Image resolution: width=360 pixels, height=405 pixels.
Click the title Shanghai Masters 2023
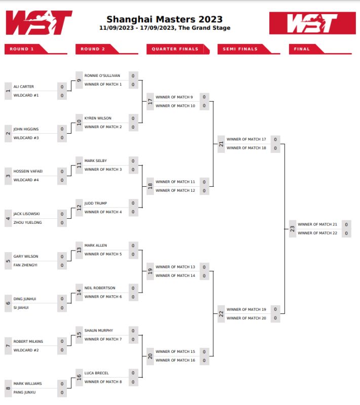tap(165, 19)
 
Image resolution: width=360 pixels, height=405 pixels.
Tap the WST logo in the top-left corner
tap(39, 23)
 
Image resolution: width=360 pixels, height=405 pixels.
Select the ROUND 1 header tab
tap(23, 49)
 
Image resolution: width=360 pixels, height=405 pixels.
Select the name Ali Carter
tap(24, 87)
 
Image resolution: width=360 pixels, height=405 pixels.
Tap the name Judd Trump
tap(96, 203)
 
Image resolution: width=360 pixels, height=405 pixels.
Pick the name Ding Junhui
tap(25, 299)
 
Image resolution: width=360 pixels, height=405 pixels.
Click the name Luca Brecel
tap(96, 373)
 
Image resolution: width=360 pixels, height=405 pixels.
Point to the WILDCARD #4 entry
tap(26, 180)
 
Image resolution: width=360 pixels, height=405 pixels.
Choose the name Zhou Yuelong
tap(28, 222)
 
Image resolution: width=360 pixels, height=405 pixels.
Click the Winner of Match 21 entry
tap(317, 224)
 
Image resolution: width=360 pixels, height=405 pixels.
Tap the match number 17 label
tap(150, 102)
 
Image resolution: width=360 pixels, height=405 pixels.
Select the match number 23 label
tap(293, 229)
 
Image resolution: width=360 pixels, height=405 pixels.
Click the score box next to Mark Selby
tap(133, 161)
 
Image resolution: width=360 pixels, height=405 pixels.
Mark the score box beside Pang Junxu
tap(62, 392)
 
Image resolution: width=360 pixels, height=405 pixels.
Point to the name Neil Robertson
tap(100, 288)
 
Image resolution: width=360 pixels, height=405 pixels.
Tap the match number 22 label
tap(221, 314)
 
